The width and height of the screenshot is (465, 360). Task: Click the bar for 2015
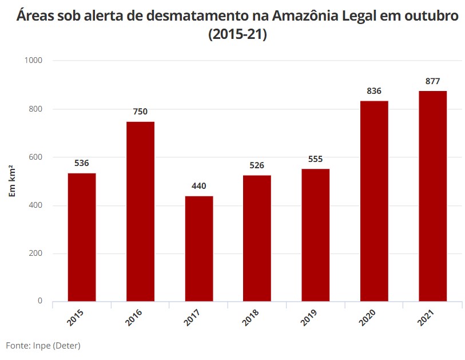pyautogui.click(x=82, y=237)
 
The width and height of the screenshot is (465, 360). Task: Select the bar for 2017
pyautogui.click(x=199, y=249)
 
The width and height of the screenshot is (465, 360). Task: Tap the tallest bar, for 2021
pyautogui.click(x=432, y=196)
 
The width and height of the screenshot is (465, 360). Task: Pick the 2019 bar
pyautogui.click(x=316, y=235)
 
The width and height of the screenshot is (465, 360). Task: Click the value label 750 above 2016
pyautogui.click(x=140, y=112)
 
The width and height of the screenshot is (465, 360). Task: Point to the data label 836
pyautogui.click(x=374, y=91)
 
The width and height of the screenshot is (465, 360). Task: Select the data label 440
pyautogui.click(x=198, y=186)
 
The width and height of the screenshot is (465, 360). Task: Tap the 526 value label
pyautogui.click(x=257, y=165)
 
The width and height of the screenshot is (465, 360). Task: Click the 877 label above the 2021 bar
pyautogui.click(x=432, y=81)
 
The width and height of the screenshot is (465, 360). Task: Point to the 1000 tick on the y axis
pyautogui.click(x=33, y=60)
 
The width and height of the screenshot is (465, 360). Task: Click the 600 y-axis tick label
pyautogui.click(x=35, y=157)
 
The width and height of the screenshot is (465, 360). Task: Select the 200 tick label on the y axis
pyautogui.click(x=35, y=253)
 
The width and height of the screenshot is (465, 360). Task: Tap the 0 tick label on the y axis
pyautogui.click(x=40, y=301)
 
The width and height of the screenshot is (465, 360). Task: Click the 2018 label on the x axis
pyautogui.click(x=251, y=317)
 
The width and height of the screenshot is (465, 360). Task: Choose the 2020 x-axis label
pyautogui.click(x=367, y=317)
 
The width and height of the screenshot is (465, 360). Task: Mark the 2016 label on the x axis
pyautogui.click(x=133, y=317)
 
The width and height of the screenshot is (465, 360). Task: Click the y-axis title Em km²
pyautogui.click(x=12, y=181)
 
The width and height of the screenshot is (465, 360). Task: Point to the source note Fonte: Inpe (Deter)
pyautogui.click(x=43, y=346)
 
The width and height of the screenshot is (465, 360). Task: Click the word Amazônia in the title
pyautogui.click(x=305, y=15)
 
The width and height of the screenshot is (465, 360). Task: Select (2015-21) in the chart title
pyautogui.click(x=237, y=34)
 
